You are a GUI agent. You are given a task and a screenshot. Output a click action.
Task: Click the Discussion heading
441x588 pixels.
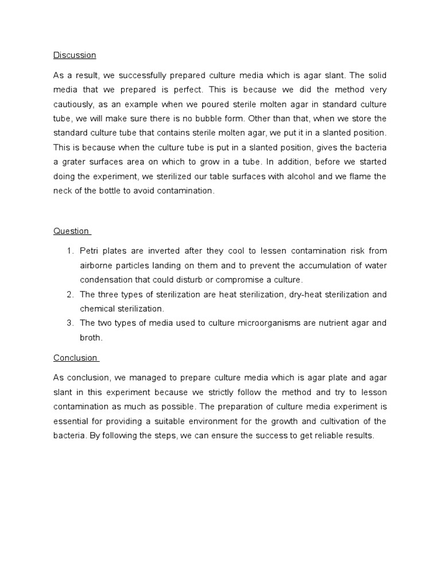(x=75, y=55)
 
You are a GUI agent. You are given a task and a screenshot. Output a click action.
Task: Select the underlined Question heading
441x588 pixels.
(x=72, y=231)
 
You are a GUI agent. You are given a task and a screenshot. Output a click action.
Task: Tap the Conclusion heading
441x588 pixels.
(x=75, y=358)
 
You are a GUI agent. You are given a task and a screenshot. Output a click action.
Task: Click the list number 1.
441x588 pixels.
(x=69, y=251)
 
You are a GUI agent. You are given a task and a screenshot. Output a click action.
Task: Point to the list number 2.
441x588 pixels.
(x=69, y=294)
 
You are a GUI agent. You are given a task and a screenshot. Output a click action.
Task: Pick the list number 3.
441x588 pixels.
(x=69, y=323)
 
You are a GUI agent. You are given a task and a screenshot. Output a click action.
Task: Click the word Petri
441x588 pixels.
(x=90, y=251)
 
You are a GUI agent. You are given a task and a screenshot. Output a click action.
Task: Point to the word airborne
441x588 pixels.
(x=97, y=265)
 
